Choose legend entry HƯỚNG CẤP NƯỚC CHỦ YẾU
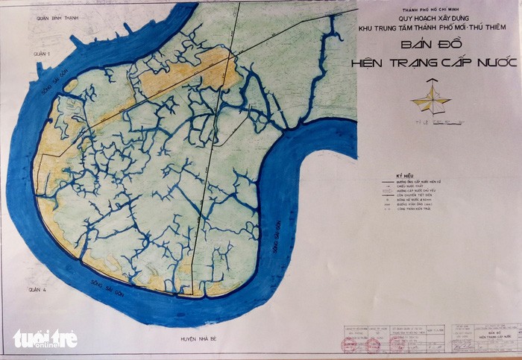tap(425, 192)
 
